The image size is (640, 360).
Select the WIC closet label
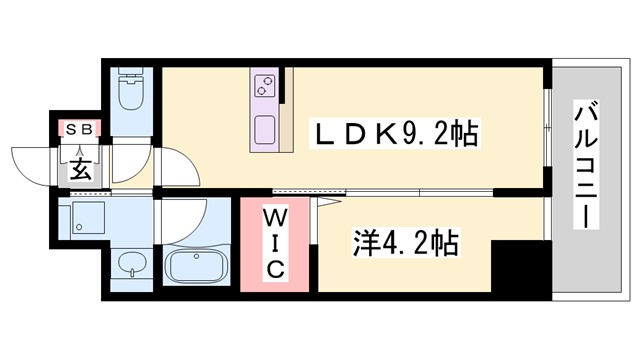[x=276, y=243]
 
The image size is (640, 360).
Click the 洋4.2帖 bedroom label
[x=404, y=241]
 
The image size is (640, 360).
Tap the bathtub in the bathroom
[x=196, y=267]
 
